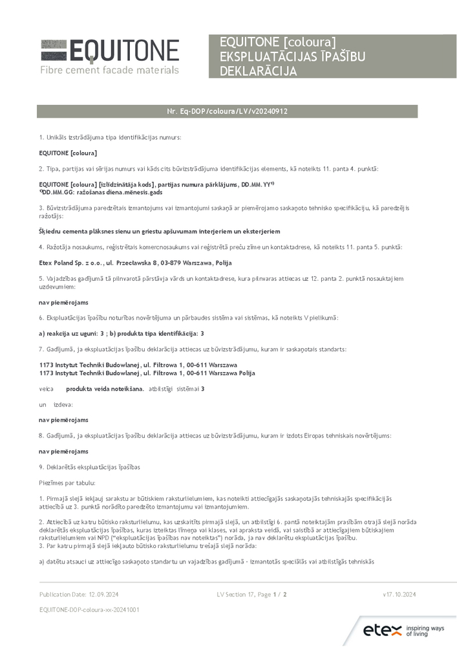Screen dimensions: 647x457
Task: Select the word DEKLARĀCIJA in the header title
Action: coord(259,71)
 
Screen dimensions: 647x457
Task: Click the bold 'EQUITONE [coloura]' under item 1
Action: coord(68,153)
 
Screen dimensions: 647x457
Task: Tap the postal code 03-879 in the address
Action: coord(171,263)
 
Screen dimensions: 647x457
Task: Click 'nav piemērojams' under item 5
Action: coord(63,302)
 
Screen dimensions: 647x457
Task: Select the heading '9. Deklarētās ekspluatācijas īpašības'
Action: coord(89,467)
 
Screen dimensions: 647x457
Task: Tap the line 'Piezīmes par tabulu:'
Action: coord(67,483)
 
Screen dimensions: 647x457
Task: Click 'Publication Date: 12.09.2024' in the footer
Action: coord(79,594)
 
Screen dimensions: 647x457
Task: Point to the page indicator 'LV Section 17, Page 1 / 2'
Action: coord(251,594)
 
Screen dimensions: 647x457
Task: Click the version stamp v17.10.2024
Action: coord(399,594)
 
